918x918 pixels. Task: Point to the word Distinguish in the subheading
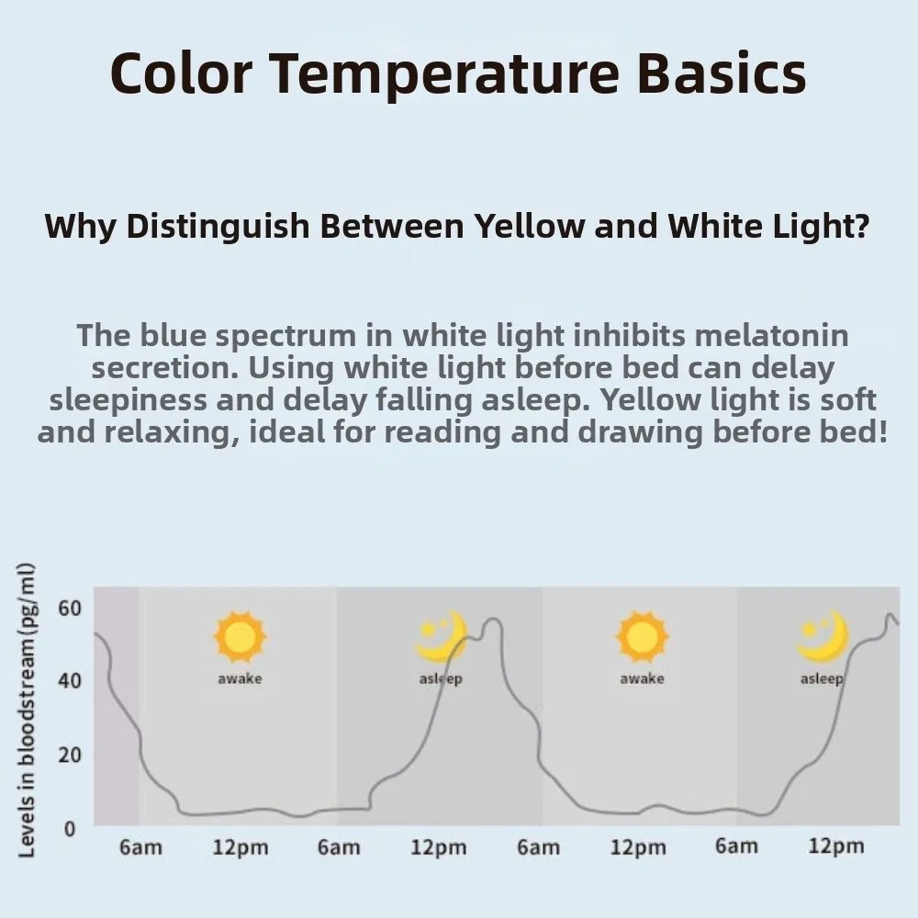(x=218, y=226)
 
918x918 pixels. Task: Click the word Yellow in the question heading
(x=528, y=226)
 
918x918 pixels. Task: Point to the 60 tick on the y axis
(x=70, y=608)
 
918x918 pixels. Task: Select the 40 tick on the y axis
(x=70, y=681)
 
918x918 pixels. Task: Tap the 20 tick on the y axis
(x=70, y=755)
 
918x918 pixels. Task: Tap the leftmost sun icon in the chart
(x=240, y=636)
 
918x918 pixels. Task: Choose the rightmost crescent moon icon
(x=822, y=636)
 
